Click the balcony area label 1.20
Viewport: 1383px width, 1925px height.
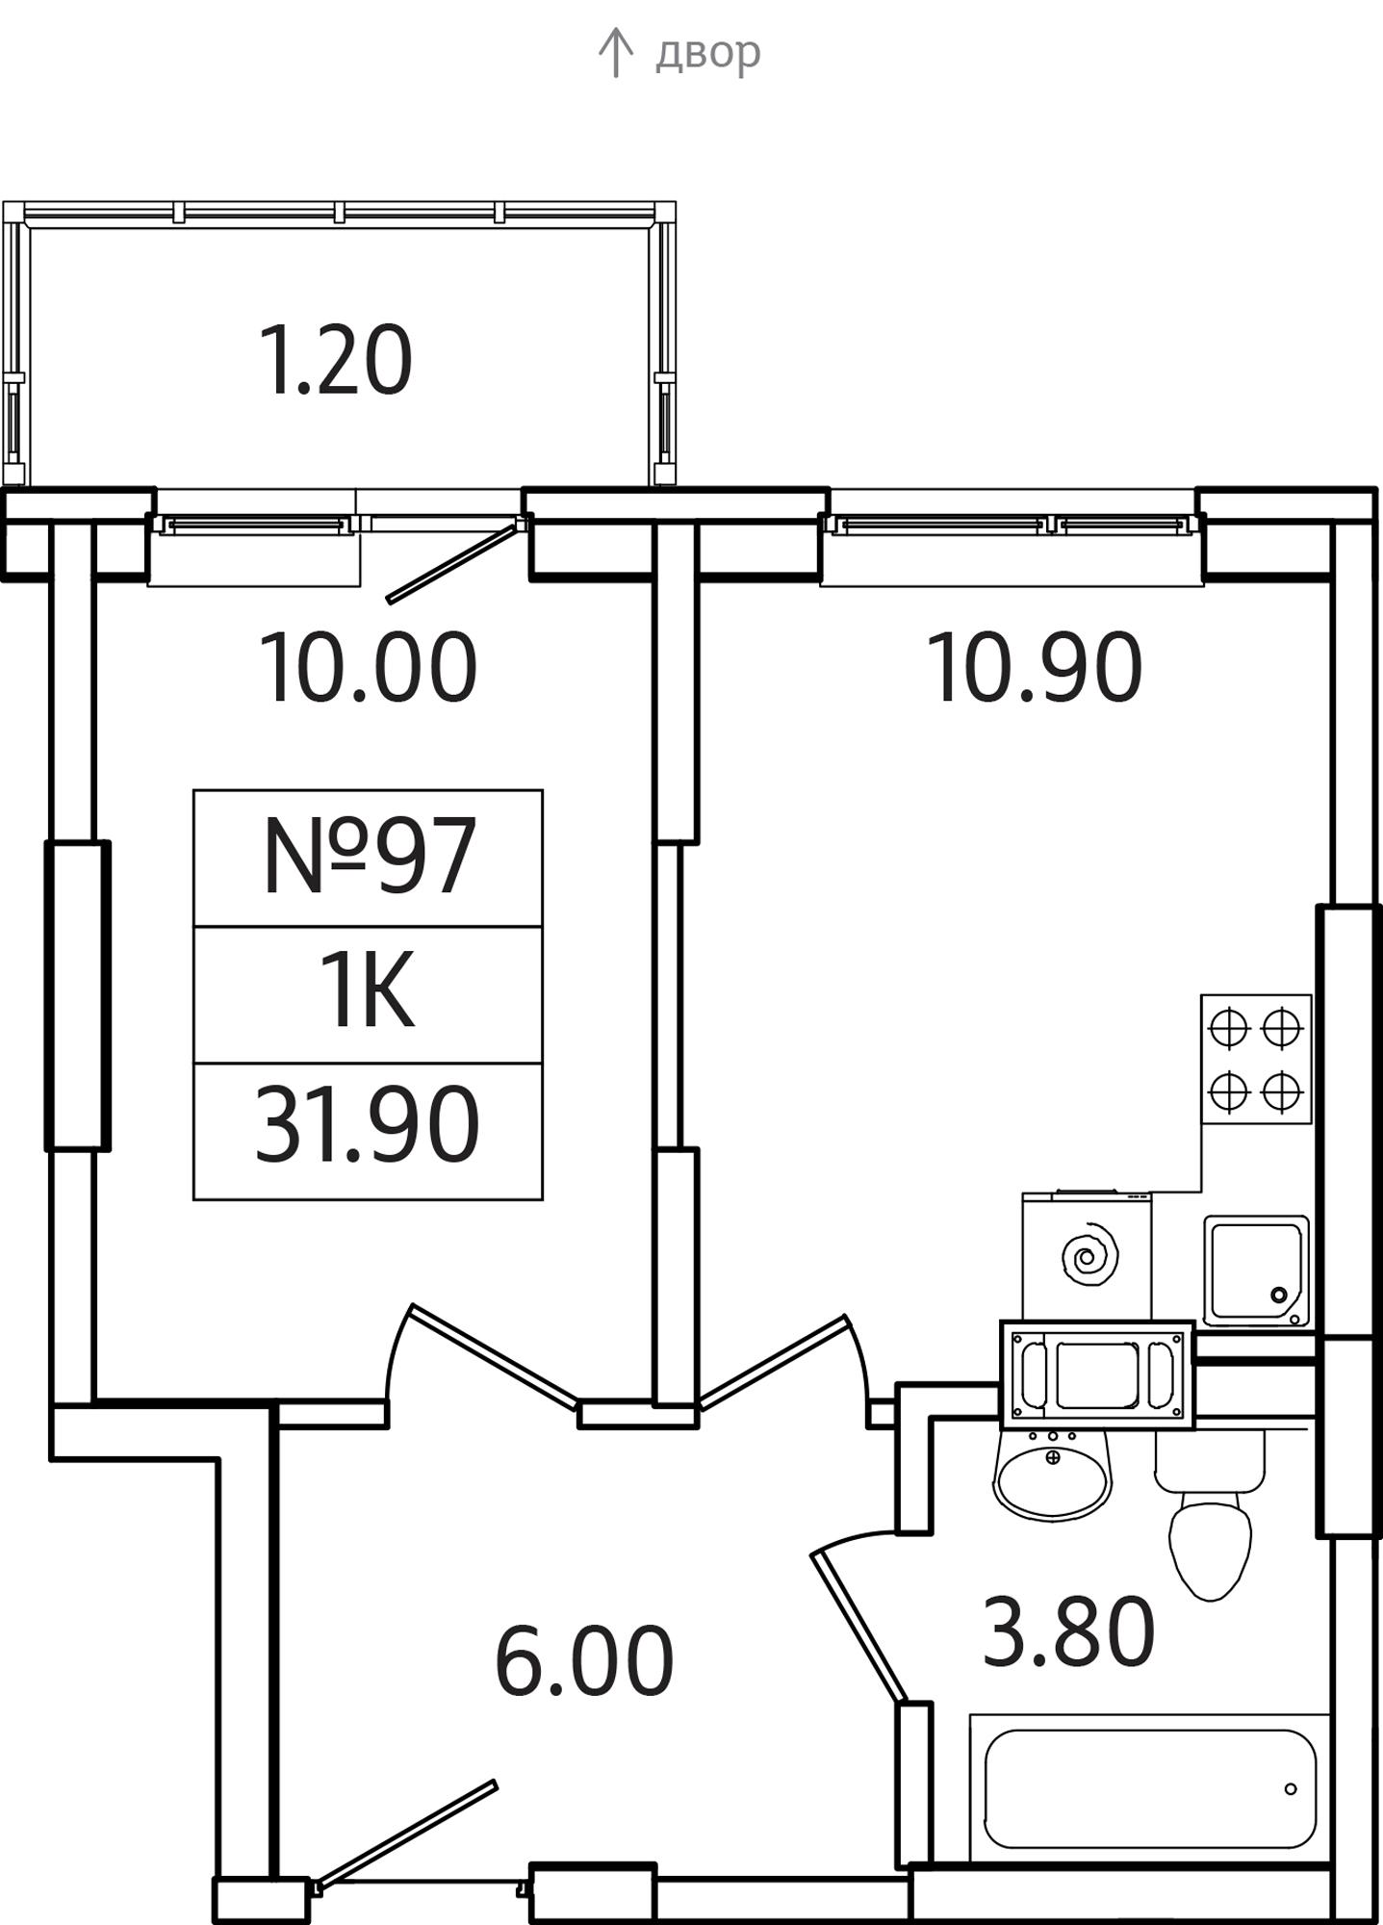click(336, 361)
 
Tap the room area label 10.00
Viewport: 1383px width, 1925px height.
click(368, 667)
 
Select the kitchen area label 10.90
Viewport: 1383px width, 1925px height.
click(1035, 667)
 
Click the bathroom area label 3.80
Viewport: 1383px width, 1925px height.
click(1068, 1631)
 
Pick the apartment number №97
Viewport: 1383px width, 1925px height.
click(369, 857)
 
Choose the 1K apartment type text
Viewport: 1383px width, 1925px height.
click(368, 990)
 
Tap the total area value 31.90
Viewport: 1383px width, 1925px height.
click(368, 1124)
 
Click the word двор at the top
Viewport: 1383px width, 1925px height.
click(707, 54)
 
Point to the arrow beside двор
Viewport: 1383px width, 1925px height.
click(615, 53)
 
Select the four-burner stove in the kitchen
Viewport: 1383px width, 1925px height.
click(1256, 1059)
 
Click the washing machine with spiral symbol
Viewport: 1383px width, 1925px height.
click(1087, 1256)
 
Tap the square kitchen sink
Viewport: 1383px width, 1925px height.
click(1256, 1271)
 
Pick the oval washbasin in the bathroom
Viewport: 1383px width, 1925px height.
click(1052, 1472)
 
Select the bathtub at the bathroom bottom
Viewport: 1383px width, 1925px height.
click(1149, 1789)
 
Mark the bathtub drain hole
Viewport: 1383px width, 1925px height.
click(1291, 1789)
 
